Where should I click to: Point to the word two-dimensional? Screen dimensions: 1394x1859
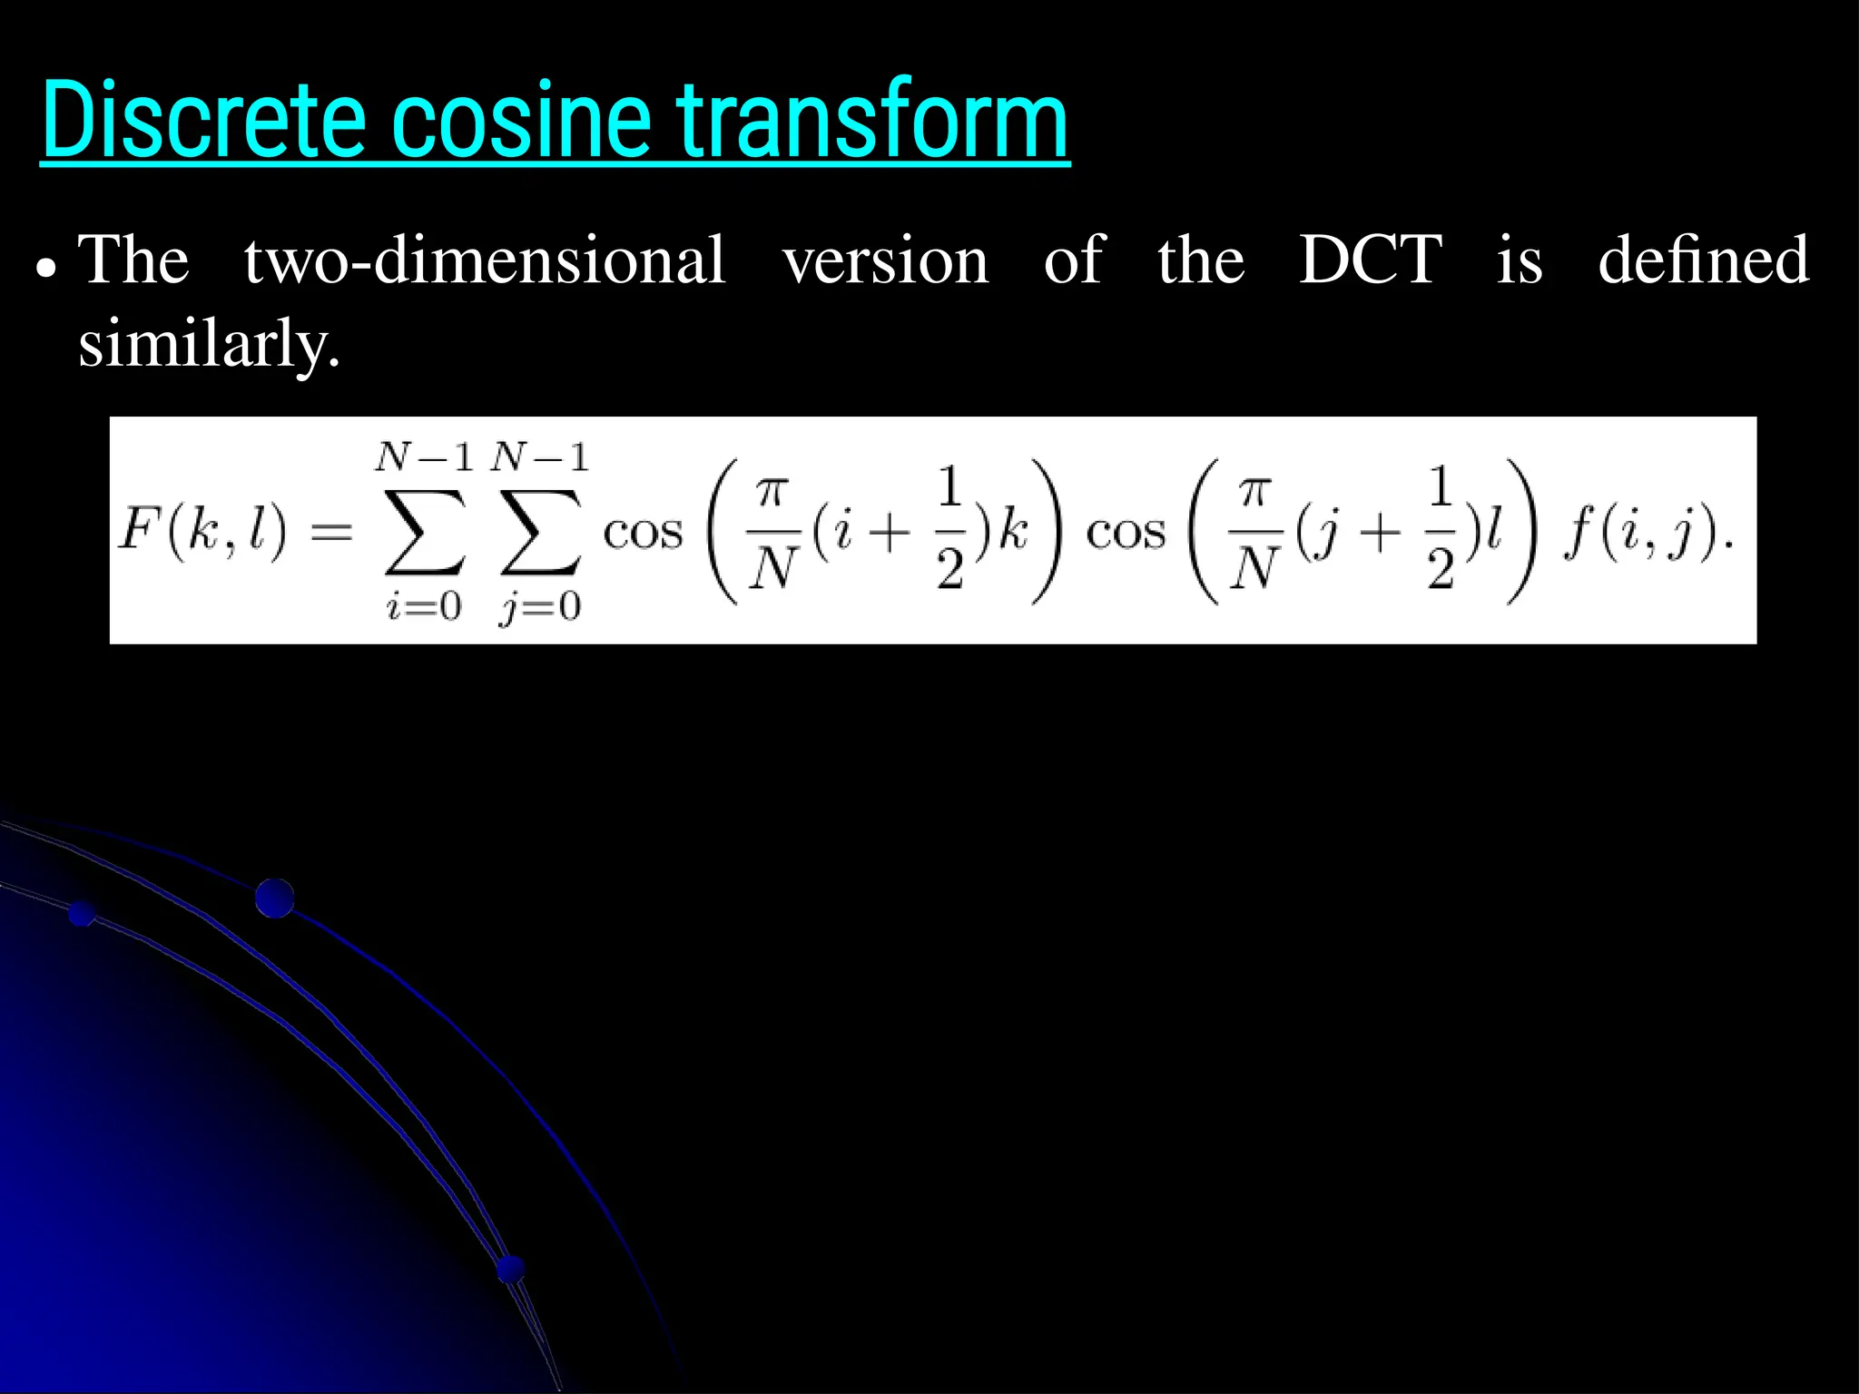tap(485, 260)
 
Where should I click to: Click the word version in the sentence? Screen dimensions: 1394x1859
tap(885, 261)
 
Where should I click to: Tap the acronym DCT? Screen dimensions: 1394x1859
tap(1370, 260)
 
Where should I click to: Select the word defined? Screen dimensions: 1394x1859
tap(1703, 260)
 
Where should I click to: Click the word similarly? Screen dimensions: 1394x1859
tap(209, 345)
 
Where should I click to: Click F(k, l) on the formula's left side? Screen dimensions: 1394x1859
tap(202, 531)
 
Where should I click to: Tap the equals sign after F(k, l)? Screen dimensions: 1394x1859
tap(331, 533)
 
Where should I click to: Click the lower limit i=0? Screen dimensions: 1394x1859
tap(424, 606)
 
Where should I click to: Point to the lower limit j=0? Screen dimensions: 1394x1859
tap(540, 606)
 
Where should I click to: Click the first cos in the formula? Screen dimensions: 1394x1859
tap(643, 533)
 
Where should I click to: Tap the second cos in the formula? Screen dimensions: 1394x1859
tap(1126, 533)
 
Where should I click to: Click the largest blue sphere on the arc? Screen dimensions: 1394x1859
tap(274, 898)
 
